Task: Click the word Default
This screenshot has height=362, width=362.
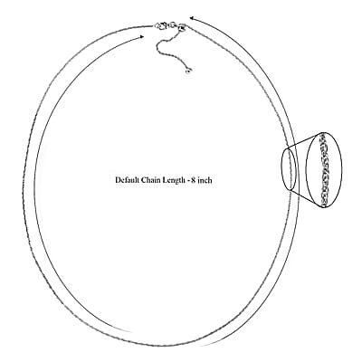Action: coord(127,180)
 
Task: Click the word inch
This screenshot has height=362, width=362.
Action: coord(205,180)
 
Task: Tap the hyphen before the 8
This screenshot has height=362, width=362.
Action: coord(187,181)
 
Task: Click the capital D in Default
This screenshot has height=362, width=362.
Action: coord(118,180)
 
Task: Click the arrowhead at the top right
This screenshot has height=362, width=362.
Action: coord(192,19)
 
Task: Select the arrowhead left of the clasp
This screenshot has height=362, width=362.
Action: coord(141,36)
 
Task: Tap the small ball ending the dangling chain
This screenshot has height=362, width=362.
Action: coord(188,71)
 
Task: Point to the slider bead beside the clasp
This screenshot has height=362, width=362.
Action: coord(182,27)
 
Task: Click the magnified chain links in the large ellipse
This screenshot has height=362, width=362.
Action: coord(324,169)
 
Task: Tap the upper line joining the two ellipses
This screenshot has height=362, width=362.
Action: coord(304,139)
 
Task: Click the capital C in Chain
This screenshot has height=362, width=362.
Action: coord(144,180)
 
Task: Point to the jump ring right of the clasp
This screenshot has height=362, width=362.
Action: coord(173,24)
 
